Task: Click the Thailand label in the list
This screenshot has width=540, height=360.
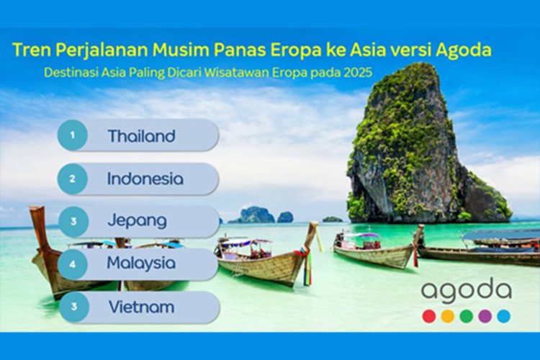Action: [x=142, y=136]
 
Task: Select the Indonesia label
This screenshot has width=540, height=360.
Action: [x=145, y=179]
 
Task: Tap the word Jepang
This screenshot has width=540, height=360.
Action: [x=137, y=221]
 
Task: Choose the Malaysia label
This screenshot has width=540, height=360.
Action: [x=141, y=264]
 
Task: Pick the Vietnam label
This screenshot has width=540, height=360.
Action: [x=141, y=307]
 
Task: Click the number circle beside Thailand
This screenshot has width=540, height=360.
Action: [x=72, y=135]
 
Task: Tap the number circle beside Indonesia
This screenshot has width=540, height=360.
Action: [x=72, y=178]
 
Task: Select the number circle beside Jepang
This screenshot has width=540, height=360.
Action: [x=72, y=221]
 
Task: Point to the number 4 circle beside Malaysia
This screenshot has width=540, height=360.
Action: [x=72, y=264]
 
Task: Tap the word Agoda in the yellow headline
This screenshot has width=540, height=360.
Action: [x=465, y=51]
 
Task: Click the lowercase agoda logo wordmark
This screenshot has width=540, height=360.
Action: [x=467, y=292]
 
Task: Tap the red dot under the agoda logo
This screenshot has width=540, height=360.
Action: [x=429, y=316]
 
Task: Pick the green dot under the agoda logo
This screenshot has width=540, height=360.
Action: [x=467, y=316]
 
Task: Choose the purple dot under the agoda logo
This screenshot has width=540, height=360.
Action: [x=485, y=316]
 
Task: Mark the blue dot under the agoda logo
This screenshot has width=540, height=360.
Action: [x=504, y=316]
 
